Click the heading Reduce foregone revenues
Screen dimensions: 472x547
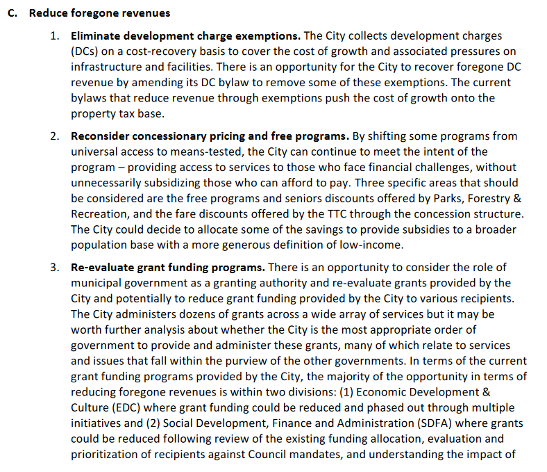99,13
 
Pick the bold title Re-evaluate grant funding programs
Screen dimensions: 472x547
167,268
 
